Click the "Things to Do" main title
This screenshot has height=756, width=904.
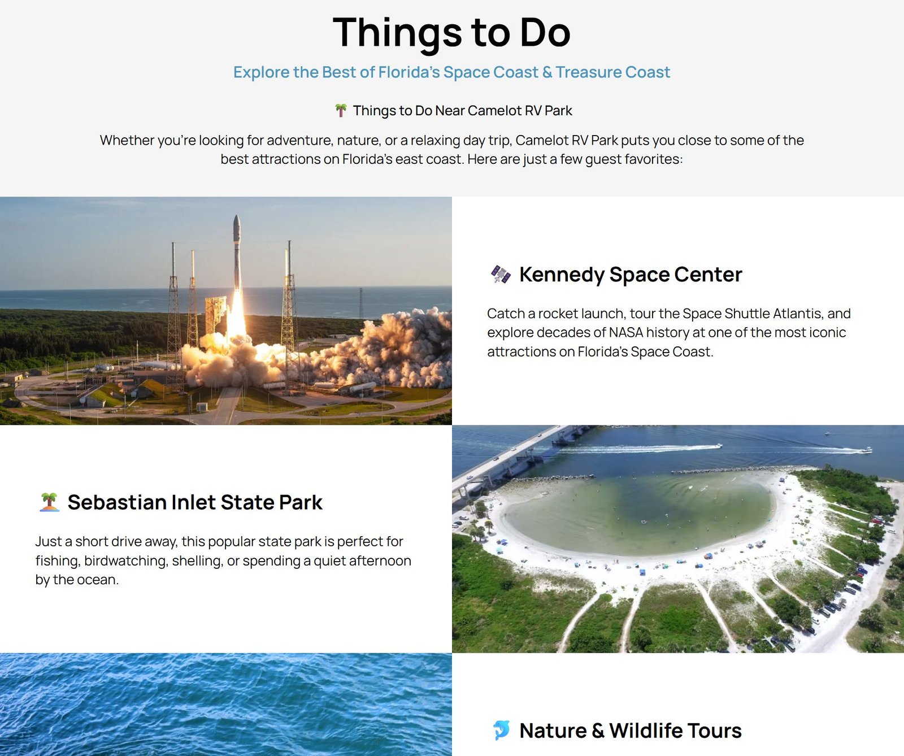pyautogui.click(x=451, y=32)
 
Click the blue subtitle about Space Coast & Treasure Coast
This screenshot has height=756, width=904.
pyautogui.click(x=451, y=72)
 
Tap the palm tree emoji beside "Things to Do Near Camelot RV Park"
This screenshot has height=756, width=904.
pyautogui.click(x=341, y=110)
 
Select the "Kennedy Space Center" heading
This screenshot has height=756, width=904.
pyautogui.click(x=630, y=275)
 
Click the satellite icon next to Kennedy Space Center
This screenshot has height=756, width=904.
pyautogui.click(x=501, y=275)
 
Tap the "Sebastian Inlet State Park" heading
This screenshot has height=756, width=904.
pyautogui.click(x=195, y=502)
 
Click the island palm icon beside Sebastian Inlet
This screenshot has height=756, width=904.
pyautogui.click(x=50, y=502)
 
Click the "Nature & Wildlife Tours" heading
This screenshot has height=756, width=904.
pyautogui.click(x=630, y=731)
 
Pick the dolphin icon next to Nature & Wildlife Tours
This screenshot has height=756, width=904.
pyautogui.click(x=501, y=730)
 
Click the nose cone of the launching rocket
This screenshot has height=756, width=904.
pyautogui.click(x=237, y=220)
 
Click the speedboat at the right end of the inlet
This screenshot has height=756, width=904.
pyautogui.click(x=866, y=450)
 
